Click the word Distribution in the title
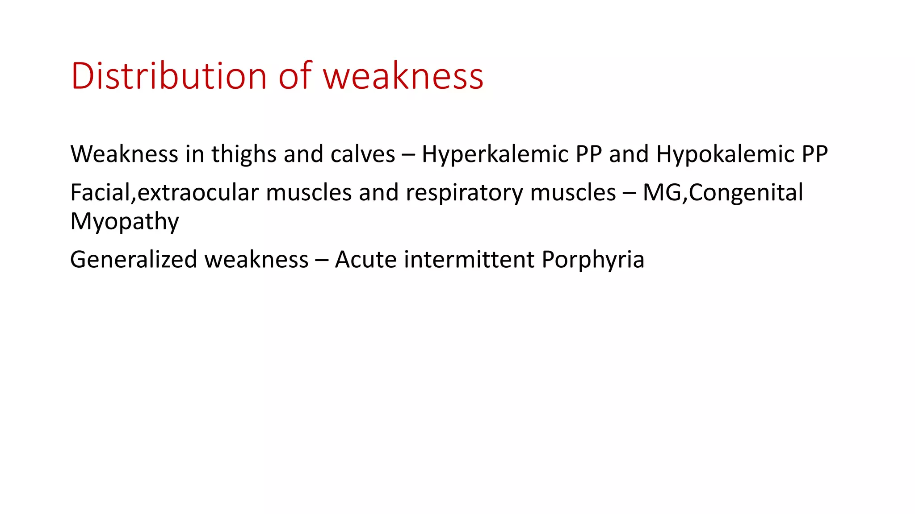169,76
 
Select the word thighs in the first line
244,154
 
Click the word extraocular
198,193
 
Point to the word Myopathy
125,222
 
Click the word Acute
365,260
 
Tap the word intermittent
469,260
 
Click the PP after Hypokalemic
814,154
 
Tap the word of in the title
295,76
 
